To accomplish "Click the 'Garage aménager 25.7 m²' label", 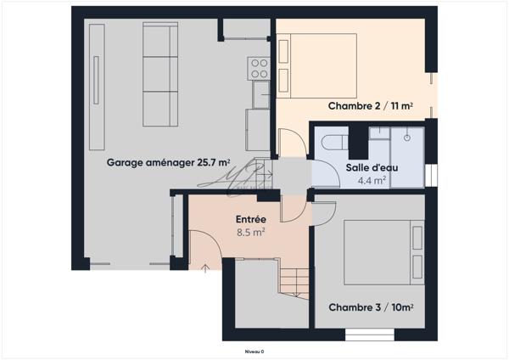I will click(168, 161).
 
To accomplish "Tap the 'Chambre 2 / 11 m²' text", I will click(371, 105).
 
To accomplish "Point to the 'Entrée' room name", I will click(251, 219).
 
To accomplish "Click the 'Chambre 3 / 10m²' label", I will click(371, 307).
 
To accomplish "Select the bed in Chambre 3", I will click(383, 251).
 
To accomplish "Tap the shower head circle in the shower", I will click(407, 136).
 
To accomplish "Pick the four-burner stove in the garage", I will click(258, 66).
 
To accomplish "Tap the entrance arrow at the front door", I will click(204, 269).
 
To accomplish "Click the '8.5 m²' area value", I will click(251, 231).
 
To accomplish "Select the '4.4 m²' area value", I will click(372, 181).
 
